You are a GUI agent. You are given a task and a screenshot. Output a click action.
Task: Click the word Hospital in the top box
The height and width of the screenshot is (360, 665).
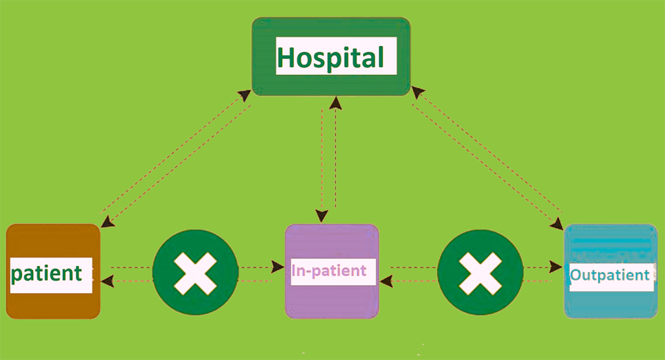click(331, 58)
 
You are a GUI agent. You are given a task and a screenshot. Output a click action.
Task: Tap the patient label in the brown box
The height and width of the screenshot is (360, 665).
click(47, 273)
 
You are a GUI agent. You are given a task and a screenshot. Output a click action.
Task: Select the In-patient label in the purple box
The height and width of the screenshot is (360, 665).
click(329, 270)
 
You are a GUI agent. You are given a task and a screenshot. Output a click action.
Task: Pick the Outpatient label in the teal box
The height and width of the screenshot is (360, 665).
click(609, 276)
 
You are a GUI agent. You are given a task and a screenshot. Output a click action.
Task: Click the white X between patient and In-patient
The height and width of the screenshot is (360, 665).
click(195, 273)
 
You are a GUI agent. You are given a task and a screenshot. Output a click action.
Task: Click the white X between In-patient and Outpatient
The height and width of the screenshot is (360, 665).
click(480, 273)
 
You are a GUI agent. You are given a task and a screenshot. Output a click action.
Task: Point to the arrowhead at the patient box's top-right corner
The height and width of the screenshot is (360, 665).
click(107, 222)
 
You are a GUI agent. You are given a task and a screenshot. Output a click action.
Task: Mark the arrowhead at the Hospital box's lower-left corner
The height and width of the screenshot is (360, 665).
click(245, 95)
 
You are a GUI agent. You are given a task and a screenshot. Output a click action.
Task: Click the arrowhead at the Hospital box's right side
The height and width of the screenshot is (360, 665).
click(416, 91)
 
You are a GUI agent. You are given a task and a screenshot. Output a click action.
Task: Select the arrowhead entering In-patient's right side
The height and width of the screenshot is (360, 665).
click(386, 279)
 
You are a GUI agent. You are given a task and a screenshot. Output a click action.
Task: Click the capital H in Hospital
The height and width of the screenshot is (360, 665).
click(286, 58)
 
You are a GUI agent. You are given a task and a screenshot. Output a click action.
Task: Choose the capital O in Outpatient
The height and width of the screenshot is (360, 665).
click(575, 276)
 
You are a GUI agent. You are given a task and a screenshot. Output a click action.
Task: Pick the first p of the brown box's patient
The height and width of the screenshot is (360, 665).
click(17, 275)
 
